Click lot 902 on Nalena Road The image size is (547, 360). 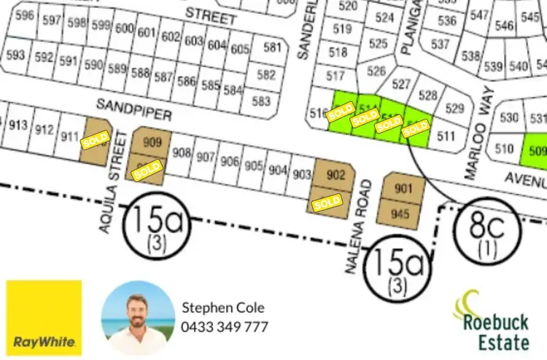click(335, 175)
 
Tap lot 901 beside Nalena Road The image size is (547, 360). click(403, 189)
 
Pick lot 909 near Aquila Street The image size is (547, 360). click(152, 142)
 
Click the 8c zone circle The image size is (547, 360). click(486, 231)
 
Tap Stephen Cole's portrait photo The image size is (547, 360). click(139, 318)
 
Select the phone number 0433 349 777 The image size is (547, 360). click(225, 326)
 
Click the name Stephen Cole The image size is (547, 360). click(223, 308)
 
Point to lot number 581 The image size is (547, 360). click(271, 48)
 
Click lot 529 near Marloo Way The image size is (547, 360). click(454, 109)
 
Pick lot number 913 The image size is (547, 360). click(18, 125)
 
